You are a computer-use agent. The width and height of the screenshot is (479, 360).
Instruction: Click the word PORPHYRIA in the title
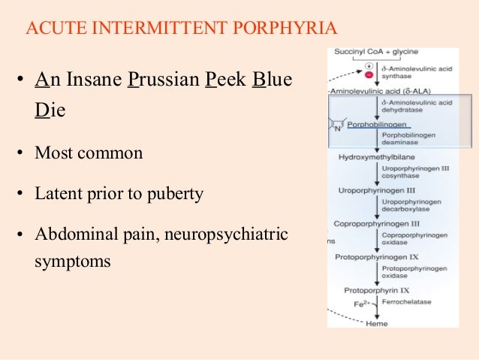(285, 29)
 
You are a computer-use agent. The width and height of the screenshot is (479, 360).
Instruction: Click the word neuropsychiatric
(227, 234)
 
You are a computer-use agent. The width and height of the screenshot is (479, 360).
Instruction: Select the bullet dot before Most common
(22, 153)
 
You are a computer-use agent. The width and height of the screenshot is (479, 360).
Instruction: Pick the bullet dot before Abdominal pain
(22, 234)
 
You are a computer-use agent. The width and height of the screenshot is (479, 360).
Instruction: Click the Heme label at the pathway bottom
(376, 323)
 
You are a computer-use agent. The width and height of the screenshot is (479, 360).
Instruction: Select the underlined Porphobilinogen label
(375, 125)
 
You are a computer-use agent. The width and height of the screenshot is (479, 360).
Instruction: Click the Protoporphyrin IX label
(377, 289)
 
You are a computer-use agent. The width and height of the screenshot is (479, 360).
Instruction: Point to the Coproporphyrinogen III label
(375, 223)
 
